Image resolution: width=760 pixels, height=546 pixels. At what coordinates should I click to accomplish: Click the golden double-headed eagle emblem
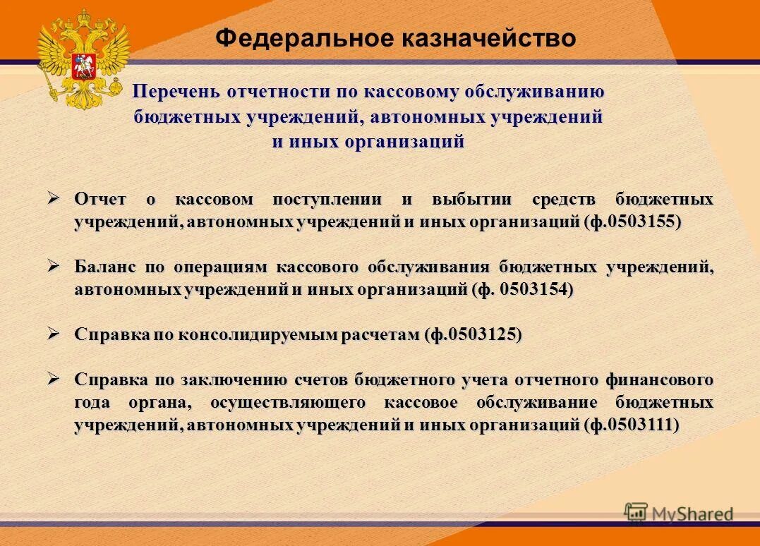[83, 59]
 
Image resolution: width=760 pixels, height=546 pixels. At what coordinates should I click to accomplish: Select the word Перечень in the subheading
[176, 92]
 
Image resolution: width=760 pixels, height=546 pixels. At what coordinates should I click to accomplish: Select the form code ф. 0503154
[523, 290]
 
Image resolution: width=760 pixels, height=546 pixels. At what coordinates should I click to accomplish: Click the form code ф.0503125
[473, 335]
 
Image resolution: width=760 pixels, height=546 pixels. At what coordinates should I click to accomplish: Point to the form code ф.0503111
[632, 425]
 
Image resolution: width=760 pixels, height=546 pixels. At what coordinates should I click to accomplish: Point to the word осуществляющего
[288, 403]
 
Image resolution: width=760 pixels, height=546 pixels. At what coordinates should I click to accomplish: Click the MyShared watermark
[679, 513]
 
